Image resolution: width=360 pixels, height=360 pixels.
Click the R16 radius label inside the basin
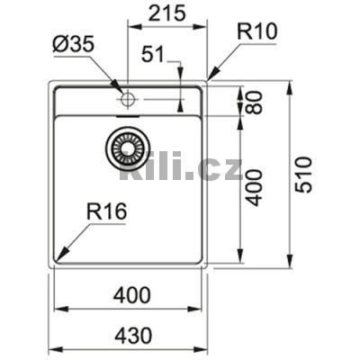point(106,213)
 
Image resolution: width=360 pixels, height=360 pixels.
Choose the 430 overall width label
point(131,335)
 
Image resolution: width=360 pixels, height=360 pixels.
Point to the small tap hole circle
point(127,97)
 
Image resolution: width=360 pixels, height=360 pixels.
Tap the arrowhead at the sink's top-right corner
point(211,79)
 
